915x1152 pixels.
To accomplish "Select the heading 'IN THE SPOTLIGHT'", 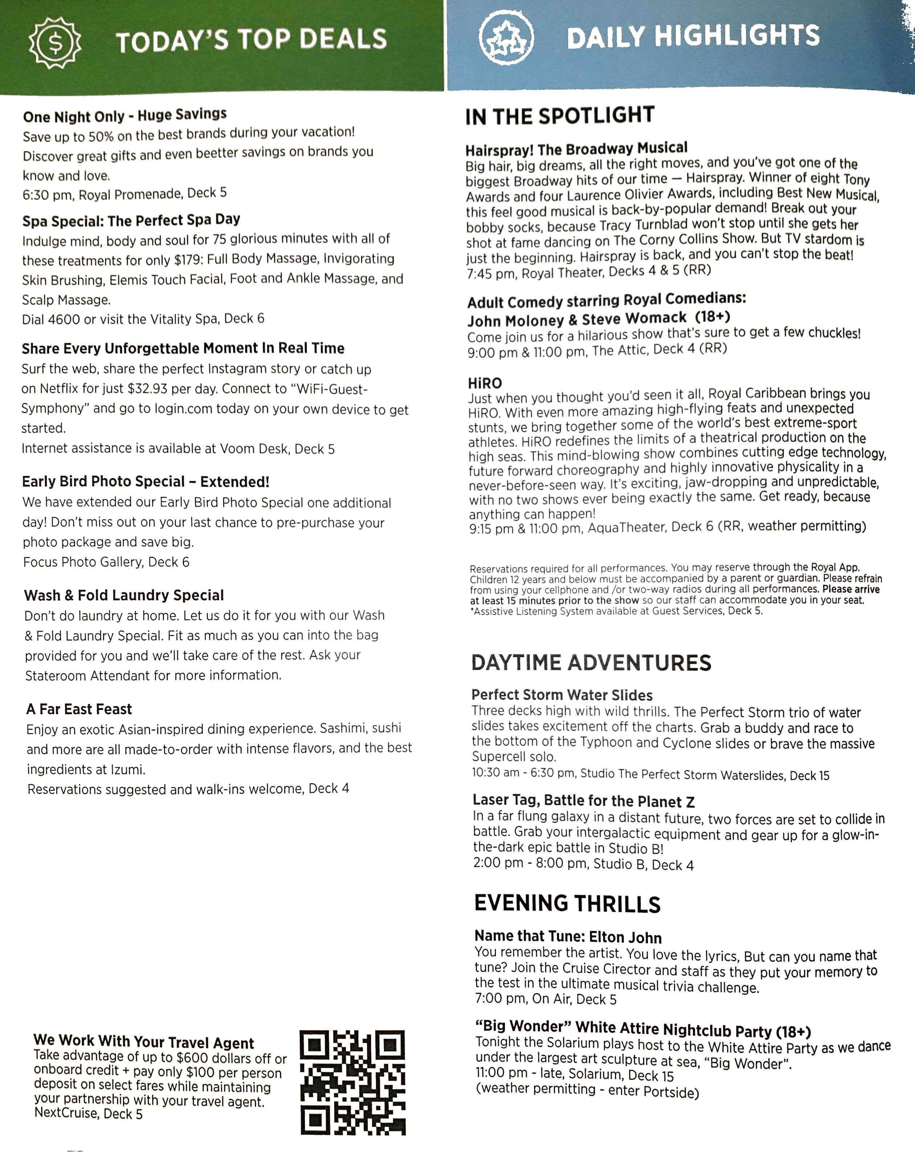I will click(560, 115).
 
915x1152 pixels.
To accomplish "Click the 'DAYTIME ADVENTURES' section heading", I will click(591, 662).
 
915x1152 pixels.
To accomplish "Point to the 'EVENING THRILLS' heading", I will click(567, 903).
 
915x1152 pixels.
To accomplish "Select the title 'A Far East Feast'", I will click(79, 709).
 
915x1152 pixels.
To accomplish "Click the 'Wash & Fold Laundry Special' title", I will click(124, 595).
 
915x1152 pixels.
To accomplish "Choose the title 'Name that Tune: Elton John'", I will click(568, 937).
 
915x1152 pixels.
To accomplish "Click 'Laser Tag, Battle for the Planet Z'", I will click(583, 801).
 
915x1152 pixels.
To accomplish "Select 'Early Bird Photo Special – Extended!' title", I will click(145, 481).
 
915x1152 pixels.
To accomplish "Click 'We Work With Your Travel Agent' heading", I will click(144, 1041).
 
